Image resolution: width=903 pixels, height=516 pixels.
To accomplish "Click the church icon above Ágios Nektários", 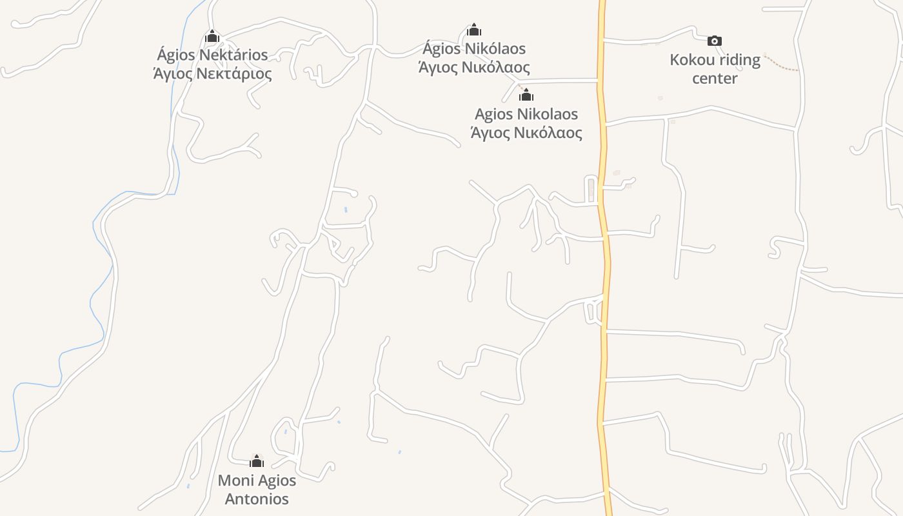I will pyautogui.click(x=212, y=37).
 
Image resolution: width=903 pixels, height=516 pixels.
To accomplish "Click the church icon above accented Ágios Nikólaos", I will pyautogui.click(x=474, y=30).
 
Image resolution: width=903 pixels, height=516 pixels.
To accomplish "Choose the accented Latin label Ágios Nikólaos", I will pyautogui.click(x=474, y=48).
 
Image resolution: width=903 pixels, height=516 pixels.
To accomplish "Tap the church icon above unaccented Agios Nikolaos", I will pyautogui.click(x=526, y=95).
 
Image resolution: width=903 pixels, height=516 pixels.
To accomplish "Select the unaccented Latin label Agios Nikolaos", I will pyautogui.click(x=526, y=114).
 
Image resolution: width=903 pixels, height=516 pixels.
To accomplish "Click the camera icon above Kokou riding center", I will pyautogui.click(x=714, y=41).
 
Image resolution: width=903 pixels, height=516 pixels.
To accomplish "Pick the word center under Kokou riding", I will pyautogui.click(x=715, y=79).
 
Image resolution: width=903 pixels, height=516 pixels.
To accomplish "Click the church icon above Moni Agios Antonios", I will pyautogui.click(x=257, y=461).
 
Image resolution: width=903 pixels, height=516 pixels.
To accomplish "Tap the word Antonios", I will pyautogui.click(x=257, y=499).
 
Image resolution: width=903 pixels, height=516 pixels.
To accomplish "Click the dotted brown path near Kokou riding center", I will pyautogui.click(x=781, y=65).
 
